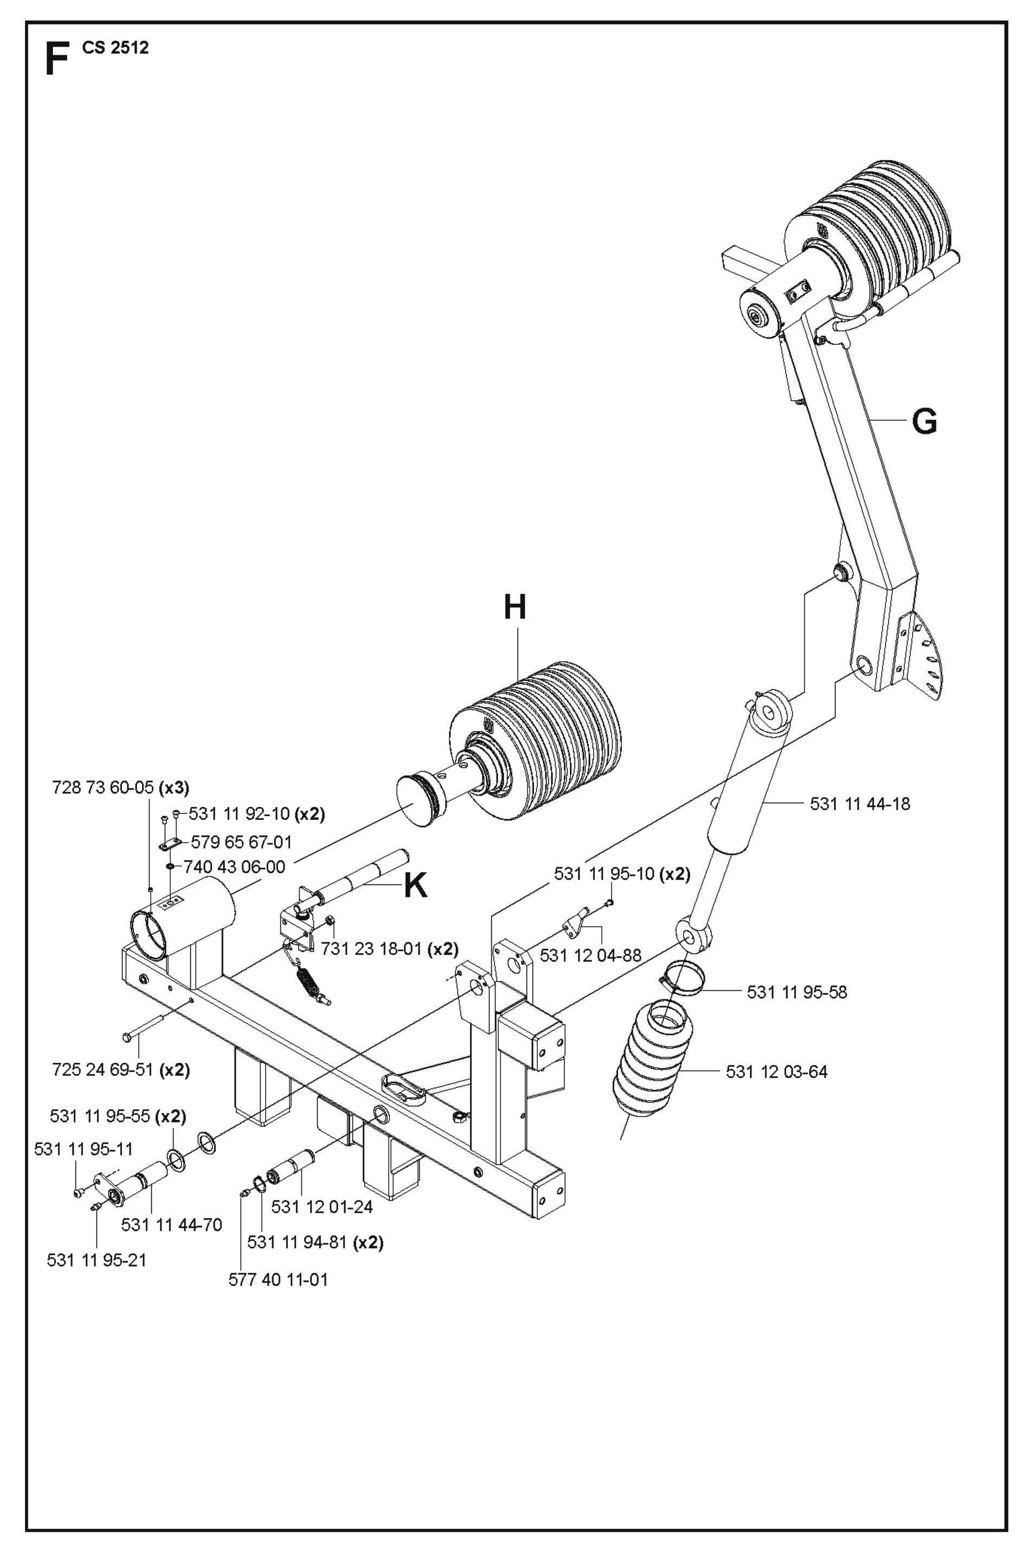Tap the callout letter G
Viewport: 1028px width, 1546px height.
924,421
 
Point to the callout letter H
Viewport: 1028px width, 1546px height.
515,607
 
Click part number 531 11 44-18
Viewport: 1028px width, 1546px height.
859,804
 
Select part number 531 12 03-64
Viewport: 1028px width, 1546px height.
776,1072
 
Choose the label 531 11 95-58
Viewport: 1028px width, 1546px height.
796,992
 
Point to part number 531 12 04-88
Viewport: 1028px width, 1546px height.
590,955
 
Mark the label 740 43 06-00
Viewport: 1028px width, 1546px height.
234,868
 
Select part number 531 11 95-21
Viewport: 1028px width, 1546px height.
97,1260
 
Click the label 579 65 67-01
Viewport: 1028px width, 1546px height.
241,842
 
